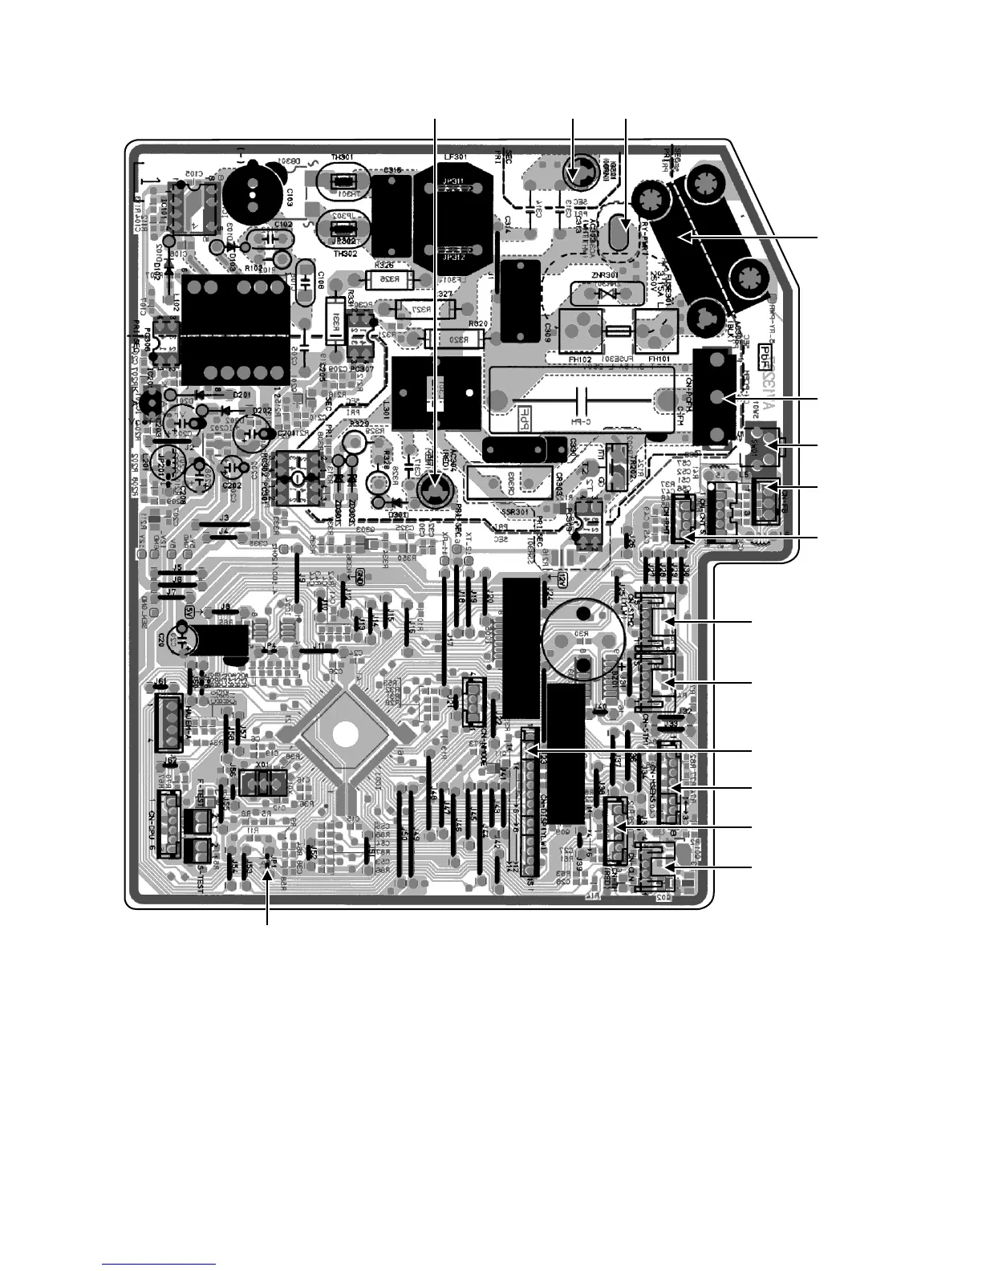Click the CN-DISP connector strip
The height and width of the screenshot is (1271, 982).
click(530, 802)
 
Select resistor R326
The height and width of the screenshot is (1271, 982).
click(389, 279)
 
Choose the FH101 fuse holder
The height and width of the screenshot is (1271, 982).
click(656, 330)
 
